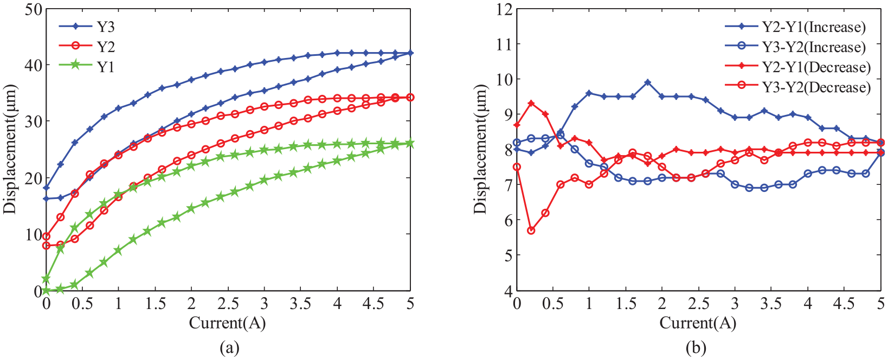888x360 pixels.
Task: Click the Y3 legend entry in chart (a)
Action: click(87, 27)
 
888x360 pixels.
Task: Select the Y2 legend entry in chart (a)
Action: click(87, 47)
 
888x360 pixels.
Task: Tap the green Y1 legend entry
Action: click(87, 67)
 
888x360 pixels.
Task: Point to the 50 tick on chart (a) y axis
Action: click(33, 9)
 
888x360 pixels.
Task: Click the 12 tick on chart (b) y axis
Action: click(504, 9)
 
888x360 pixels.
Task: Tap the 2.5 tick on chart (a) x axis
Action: click(228, 304)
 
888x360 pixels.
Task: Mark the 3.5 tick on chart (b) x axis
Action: click(771, 304)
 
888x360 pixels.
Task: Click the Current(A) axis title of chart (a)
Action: click(228, 323)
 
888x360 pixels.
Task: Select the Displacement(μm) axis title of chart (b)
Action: click(480, 149)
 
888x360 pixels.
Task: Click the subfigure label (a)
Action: click(229, 348)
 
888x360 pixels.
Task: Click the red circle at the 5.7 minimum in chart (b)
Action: click(531, 230)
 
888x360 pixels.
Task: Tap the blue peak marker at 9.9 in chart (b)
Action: click(647, 82)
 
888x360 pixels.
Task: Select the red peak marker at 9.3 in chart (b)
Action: click(531, 103)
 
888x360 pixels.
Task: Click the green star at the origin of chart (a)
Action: click(46, 291)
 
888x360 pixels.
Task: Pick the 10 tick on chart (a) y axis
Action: click(33, 234)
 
